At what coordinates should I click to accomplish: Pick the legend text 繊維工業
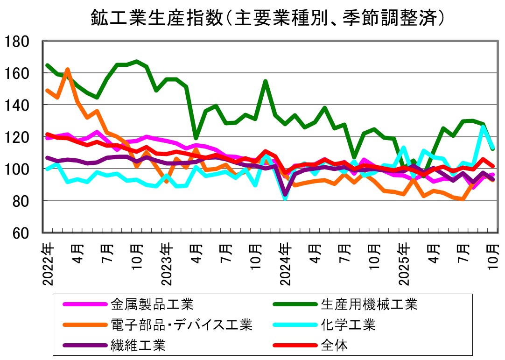point(138,345)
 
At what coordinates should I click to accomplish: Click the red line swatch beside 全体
point(293,346)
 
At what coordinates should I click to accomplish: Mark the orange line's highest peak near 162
point(67,70)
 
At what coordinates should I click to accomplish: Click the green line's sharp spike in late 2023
point(265,82)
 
